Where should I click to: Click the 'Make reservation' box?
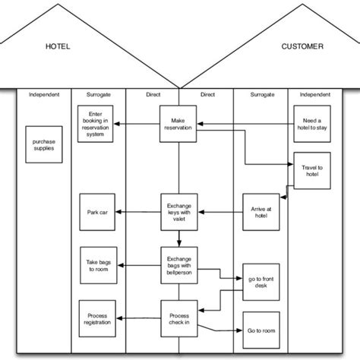(179, 123)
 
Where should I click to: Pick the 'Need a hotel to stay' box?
(312, 124)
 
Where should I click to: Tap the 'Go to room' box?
(261, 330)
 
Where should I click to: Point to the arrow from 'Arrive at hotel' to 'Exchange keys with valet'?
(220, 210)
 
